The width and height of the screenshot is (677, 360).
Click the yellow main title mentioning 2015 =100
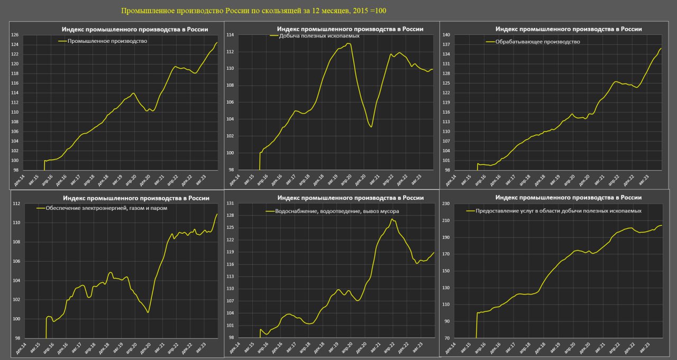click(x=257, y=11)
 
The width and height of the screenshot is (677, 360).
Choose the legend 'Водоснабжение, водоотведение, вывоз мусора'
click(x=333, y=211)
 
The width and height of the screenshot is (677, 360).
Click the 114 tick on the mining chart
click(x=230, y=35)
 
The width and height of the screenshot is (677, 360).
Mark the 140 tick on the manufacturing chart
click(x=446, y=35)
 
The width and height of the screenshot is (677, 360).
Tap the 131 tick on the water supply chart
click(x=230, y=204)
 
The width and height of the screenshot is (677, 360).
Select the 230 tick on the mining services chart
click(x=446, y=204)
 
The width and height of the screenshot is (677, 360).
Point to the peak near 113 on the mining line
click(x=349, y=43)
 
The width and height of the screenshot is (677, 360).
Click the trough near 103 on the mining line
click(x=371, y=127)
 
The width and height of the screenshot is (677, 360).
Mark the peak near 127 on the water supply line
click(x=392, y=219)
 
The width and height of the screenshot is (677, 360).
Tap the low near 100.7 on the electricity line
click(x=148, y=312)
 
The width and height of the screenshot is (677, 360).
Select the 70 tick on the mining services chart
click(x=447, y=338)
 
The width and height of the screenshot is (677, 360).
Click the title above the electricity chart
click(x=135, y=198)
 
